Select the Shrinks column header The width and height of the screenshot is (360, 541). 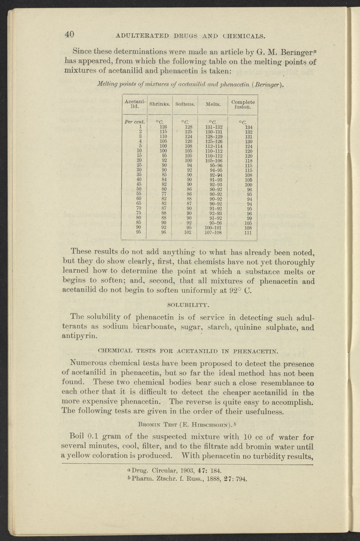tap(160, 104)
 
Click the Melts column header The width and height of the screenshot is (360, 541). tap(213, 104)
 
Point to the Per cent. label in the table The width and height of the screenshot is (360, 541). tap(134, 122)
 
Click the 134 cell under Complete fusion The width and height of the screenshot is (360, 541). tap(248, 127)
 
